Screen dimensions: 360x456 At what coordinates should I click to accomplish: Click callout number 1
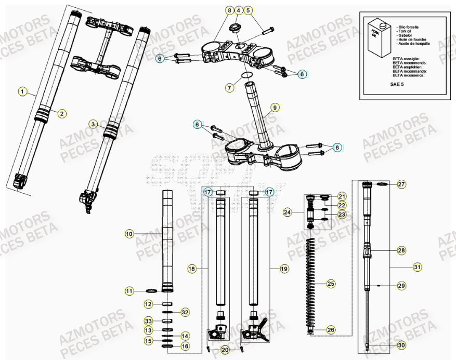[x=22, y=91]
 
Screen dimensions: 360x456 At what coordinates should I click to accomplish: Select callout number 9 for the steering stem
[x=275, y=108]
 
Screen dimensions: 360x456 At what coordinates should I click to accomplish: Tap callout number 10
[x=129, y=234]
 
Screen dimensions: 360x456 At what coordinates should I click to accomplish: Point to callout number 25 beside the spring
[x=330, y=284]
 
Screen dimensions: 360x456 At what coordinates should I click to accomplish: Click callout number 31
[x=417, y=267]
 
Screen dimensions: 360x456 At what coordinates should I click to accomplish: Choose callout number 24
[x=288, y=212]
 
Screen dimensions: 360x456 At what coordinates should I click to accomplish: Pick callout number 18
[x=192, y=269]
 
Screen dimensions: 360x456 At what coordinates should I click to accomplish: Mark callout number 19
[x=284, y=269]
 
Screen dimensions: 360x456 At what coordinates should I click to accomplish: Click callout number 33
[x=148, y=321]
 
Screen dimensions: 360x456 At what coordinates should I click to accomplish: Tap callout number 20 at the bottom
[x=224, y=350]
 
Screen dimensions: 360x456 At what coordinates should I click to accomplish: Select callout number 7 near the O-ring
[x=230, y=88]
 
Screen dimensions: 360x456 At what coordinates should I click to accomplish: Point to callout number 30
[x=401, y=345]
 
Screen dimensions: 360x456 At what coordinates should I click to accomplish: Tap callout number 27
[x=401, y=184]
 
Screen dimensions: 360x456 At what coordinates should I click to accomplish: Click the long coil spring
[x=312, y=283]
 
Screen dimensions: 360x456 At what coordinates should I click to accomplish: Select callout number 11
[x=129, y=291]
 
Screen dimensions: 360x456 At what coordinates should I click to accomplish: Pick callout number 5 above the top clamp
[x=248, y=10]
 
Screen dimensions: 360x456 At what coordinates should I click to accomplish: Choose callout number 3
[x=93, y=124]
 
